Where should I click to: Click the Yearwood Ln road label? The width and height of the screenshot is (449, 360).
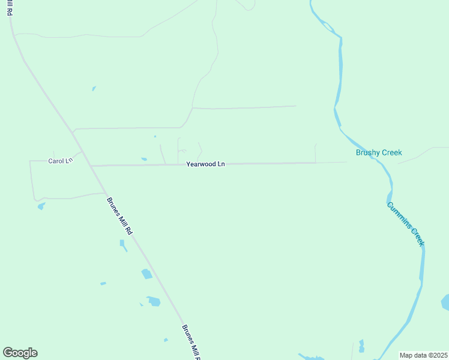(205, 164)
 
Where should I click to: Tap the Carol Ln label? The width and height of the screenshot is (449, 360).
(60, 161)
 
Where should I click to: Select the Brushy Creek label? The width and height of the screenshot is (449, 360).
(379, 152)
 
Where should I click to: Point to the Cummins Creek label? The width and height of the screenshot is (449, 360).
(406, 223)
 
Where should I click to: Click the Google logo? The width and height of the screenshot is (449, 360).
(20, 353)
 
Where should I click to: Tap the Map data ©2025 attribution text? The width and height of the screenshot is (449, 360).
(423, 355)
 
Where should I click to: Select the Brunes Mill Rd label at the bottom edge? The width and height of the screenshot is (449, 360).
(191, 343)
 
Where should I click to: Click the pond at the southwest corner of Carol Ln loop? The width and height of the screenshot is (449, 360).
(41, 206)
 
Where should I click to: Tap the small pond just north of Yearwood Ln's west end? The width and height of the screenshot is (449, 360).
(144, 159)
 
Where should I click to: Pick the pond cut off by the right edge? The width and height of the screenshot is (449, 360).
(445, 302)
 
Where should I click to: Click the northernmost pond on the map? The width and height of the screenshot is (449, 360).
(94, 89)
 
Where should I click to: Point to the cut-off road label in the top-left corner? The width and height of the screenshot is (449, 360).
(10, 7)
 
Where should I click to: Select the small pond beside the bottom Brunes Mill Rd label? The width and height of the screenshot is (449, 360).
(166, 340)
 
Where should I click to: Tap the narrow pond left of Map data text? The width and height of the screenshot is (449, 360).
(361, 347)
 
